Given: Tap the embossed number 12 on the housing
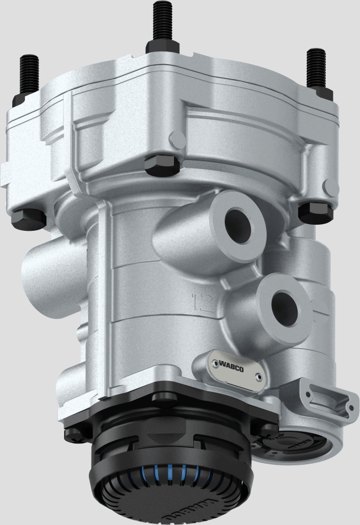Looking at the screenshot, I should (200, 301).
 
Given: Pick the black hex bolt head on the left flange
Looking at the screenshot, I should (28, 218).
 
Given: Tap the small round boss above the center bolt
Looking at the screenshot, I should (176, 138).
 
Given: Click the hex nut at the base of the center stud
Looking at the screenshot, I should (162, 45).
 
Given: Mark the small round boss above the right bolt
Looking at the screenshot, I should (330, 186).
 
